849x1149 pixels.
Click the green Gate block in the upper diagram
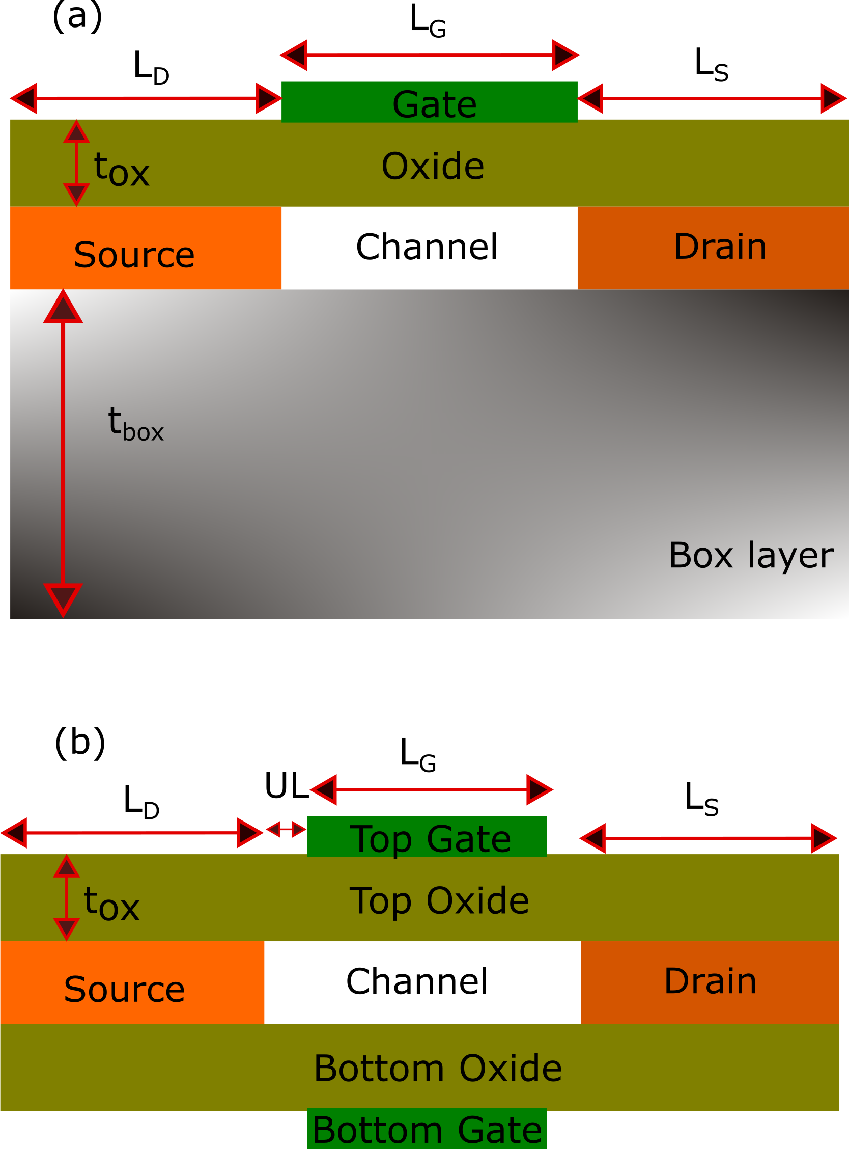click(x=429, y=102)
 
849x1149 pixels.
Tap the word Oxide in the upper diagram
click(x=433, y=167)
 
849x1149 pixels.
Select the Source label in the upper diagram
click(x=134, y=255)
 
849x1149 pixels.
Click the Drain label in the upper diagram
click(x=720, y=247)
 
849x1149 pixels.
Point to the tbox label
click(x=135, y=424)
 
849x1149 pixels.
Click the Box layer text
click(x=751, y=555)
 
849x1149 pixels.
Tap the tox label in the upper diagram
click(x=121, y=170)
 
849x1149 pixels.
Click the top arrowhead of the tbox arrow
click(x=63, y=308)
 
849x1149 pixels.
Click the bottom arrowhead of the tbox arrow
click(x=63, y=598)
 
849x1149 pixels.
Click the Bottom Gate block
click(x=427, y=1130)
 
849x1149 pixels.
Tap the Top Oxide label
click(x=439, y=901)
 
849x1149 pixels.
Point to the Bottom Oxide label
click(x=438, y=1069)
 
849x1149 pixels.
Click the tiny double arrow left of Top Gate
click(x=286, y=829)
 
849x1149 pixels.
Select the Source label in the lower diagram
click(x=124, y=990)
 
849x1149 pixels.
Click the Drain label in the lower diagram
click(x=710, y=981)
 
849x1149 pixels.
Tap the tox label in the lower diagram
click(x=111, y=905)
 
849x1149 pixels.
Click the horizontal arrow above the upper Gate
click(x=430, y=55)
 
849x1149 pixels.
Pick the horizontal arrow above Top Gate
click(x=431, y=789)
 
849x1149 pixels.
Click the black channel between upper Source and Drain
click(x=429, y=248)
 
